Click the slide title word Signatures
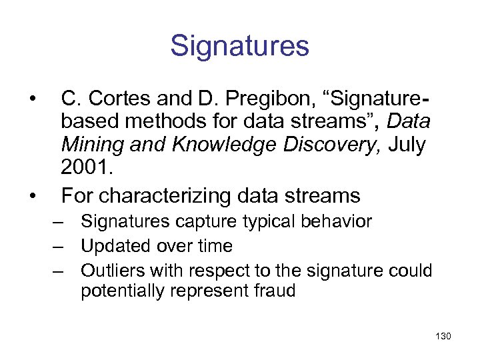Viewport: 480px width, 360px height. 239,46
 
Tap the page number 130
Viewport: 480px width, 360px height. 442,336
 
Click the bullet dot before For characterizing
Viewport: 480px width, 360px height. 31,195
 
